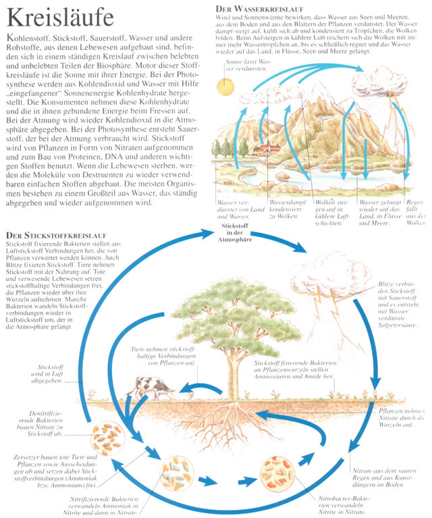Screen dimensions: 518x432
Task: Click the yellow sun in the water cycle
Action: tap(225, 86)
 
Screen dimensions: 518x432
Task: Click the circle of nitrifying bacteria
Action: tap(175, 472)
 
